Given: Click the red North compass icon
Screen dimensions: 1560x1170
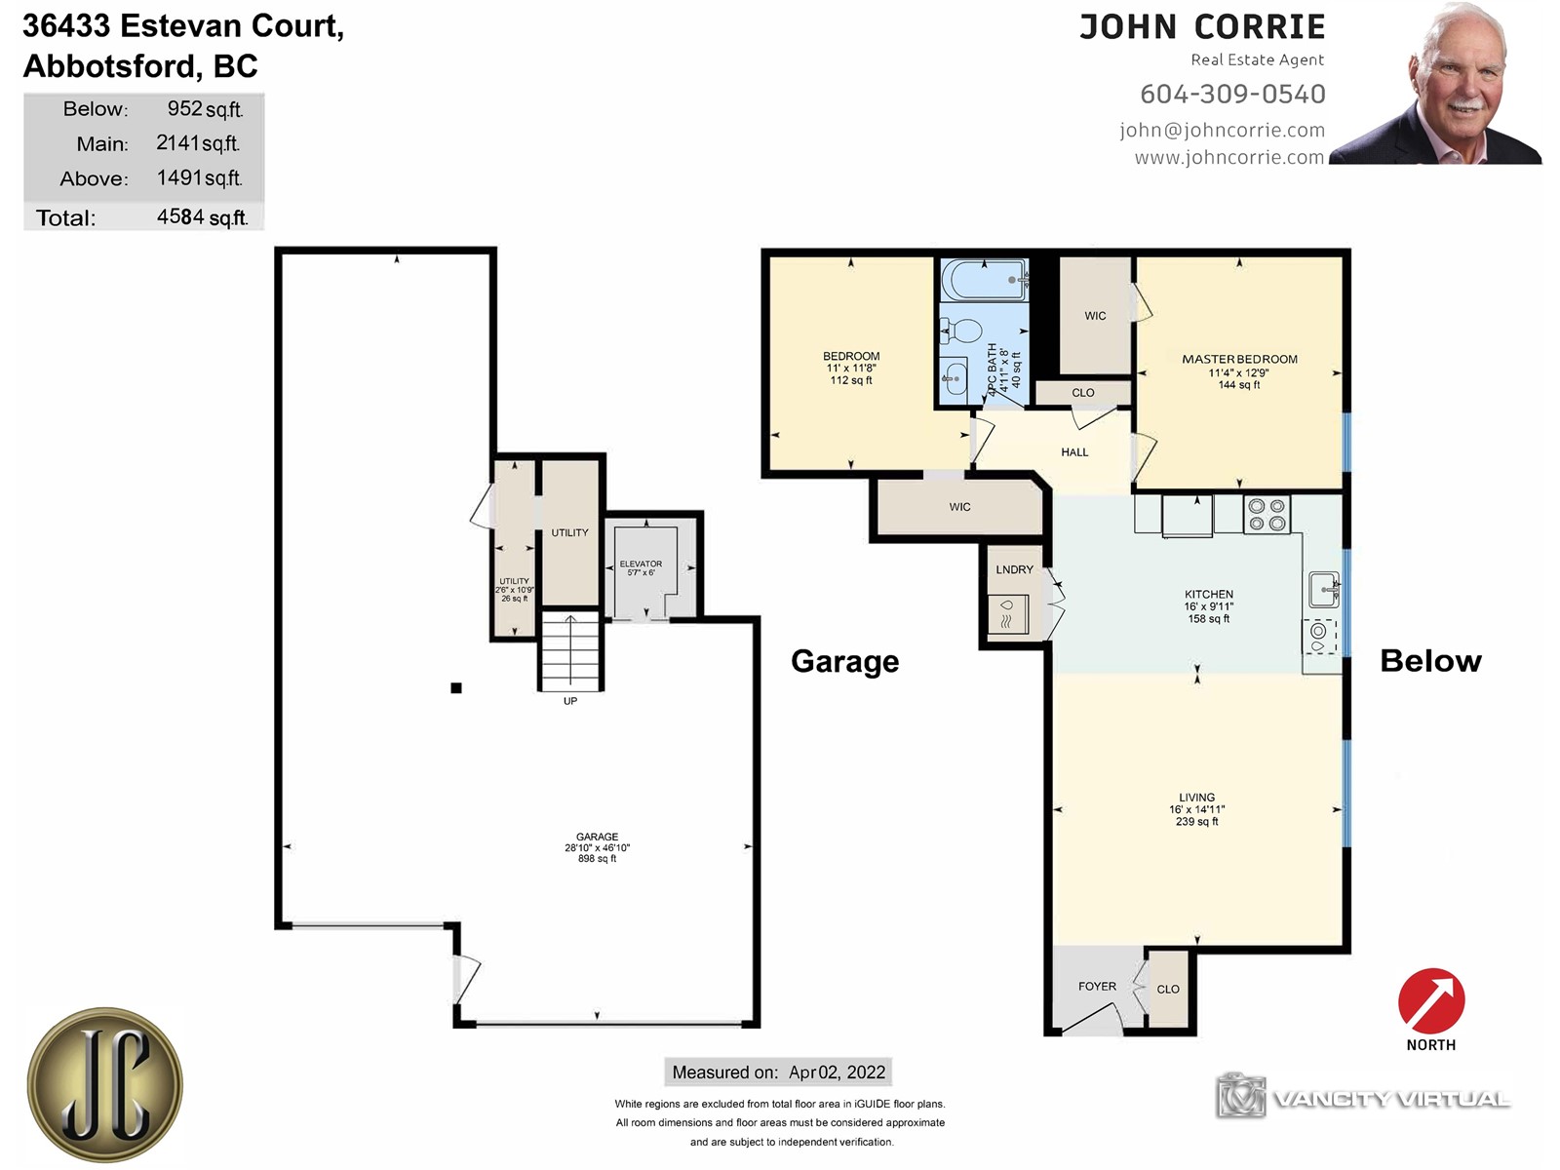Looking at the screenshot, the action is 1430,1000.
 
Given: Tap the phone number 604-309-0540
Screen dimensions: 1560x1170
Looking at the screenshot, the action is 1233,94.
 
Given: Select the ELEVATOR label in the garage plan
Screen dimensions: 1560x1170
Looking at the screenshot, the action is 641,565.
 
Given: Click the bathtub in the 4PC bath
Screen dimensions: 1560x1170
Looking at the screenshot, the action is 985,279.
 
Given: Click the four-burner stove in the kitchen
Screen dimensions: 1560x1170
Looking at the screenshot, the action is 1267,515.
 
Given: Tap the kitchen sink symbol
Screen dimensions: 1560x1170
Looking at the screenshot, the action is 1325,590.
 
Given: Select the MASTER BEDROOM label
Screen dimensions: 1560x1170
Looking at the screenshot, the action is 1239,360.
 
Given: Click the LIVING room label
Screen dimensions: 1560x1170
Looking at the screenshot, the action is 1197,798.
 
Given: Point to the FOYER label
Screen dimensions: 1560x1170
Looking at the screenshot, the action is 1097,986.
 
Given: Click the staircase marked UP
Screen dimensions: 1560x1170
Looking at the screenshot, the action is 570,650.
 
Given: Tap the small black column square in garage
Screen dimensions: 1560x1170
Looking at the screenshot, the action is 456,687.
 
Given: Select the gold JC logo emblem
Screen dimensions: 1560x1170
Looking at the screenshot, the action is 105,1085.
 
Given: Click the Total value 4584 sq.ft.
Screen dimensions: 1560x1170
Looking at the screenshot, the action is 203,216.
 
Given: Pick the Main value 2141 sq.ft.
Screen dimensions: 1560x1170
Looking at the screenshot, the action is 198,142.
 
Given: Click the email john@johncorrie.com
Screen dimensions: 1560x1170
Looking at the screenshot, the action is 1223,130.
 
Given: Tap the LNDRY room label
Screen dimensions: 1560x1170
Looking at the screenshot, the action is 1014,569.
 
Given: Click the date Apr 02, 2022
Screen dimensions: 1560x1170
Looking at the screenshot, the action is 838,1072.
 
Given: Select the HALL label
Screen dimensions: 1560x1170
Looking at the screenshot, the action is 1074,452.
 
